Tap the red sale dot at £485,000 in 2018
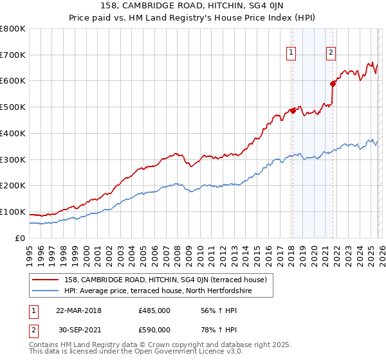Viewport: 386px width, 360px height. (x=293, y=111)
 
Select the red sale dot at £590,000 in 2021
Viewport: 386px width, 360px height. (x=333, y=83)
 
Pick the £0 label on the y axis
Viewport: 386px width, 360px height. (x=21, y=238)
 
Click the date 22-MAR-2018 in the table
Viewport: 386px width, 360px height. (x=78, y=310)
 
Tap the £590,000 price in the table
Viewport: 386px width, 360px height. (x=154, y=330)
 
